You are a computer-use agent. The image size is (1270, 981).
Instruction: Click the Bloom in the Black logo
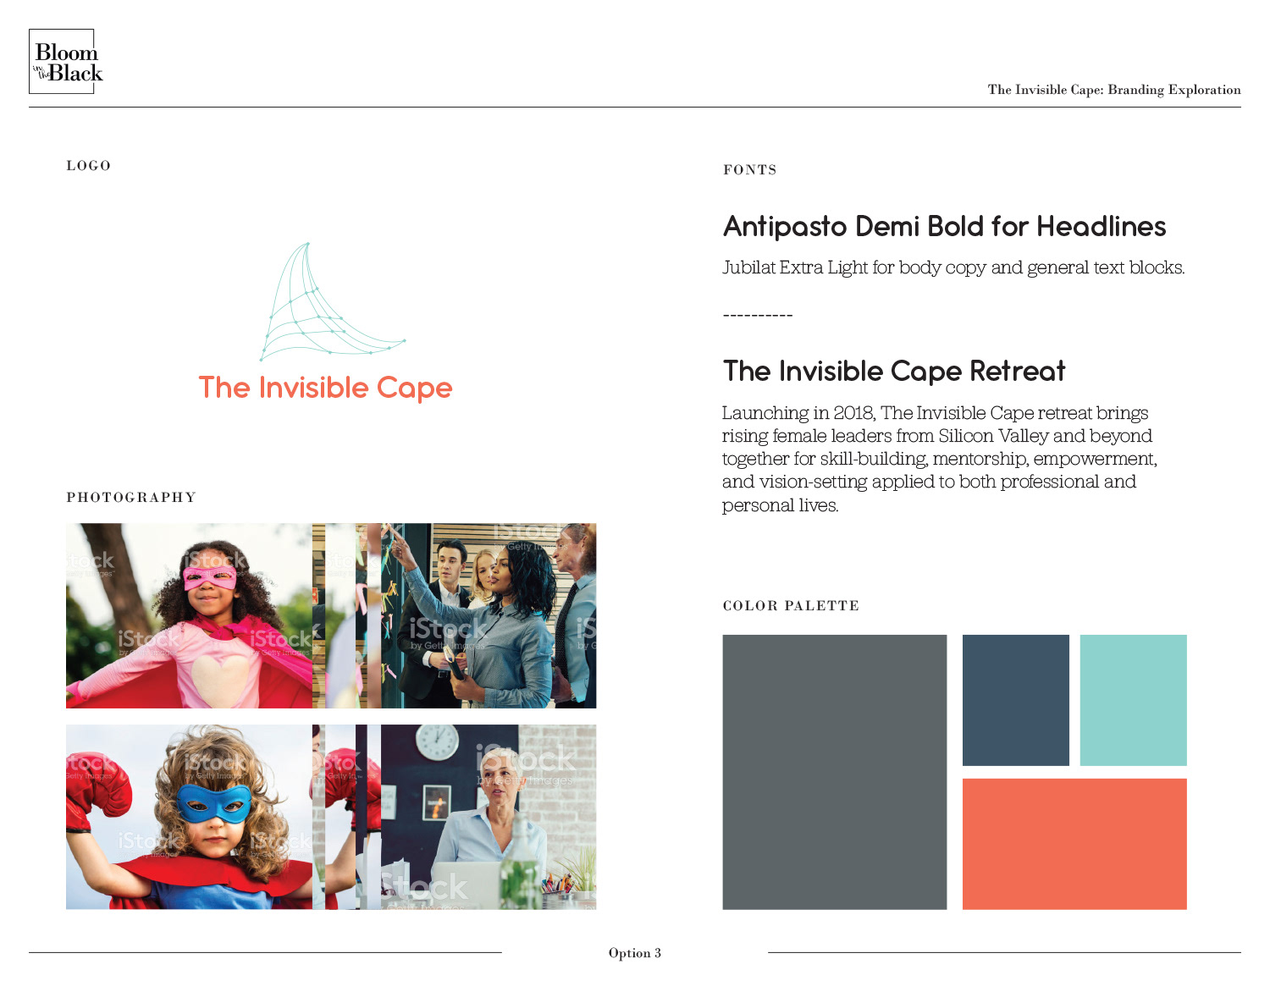(x=65, y=61)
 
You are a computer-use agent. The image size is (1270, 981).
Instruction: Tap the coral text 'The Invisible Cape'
(x=325, y=388)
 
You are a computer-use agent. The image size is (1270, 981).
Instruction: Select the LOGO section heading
(x=88, y=166)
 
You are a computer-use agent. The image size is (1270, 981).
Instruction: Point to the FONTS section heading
(x=750, y=170)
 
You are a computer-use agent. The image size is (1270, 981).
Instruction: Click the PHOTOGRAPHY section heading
(x=131, y=497)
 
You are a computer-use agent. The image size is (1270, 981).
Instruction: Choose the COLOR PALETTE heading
(x=791, y=606)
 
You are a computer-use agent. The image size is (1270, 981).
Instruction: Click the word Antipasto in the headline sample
(x=785, y=227)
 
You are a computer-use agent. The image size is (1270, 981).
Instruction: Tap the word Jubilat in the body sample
(x=748, y=267)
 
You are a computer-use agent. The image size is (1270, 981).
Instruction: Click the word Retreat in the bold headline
(x=1018, y=371)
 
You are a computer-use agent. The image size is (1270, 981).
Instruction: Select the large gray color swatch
(x=834, y=772)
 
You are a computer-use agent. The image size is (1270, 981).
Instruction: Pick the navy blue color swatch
(x=1016, y=700)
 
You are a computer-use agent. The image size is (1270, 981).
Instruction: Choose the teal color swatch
(x=1133, y=700)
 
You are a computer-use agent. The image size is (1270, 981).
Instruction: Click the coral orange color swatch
(x=1074, y=844)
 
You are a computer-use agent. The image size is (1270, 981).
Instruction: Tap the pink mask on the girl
(x=211, y=578)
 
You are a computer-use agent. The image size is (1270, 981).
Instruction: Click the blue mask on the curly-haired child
(x=214, y=802)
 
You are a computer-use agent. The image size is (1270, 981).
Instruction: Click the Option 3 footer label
(x=635, y=953)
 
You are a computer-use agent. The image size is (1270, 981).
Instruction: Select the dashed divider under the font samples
(x=758, y=316)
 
